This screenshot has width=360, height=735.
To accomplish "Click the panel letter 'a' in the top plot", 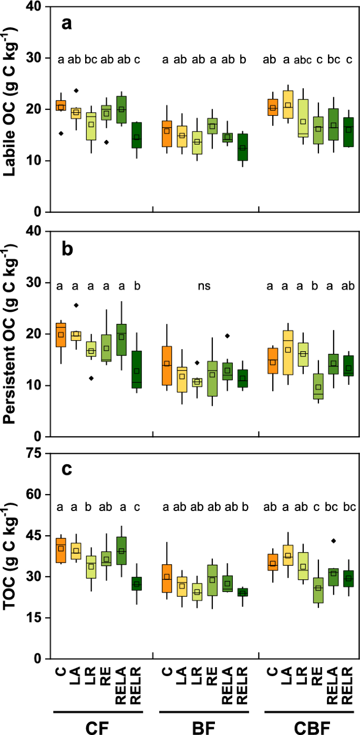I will click(x=66, y=23).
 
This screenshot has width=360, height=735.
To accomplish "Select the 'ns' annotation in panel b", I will click(x=204, y=286).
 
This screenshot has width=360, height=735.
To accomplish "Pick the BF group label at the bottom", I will click(x=204, y=726).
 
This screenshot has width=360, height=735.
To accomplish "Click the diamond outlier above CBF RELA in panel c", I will click(x=333, y=540).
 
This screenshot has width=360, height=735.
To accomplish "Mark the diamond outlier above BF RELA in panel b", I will click(x=228, y=336).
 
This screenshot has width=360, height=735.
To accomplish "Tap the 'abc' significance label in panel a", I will click(x=303, y=59).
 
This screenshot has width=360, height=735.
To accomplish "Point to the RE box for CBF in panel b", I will click(x=318, y=386).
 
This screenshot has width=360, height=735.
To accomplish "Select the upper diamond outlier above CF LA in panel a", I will click(x=76, y=90).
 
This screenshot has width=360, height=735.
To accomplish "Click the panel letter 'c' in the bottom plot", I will click(x=66, y=469).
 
